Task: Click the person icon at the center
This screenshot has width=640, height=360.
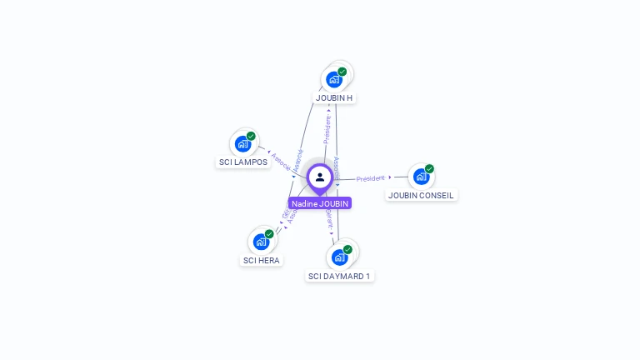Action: [x=320, y=177]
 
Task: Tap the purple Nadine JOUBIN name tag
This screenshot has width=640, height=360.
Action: [x=320, y=203]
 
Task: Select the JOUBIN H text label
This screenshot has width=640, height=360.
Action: [x=333, y=97]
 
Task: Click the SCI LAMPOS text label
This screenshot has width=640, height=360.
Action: [x=243, y=162]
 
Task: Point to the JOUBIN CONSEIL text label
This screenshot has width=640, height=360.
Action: [x=422, y=195]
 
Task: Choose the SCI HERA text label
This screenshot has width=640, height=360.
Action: [x=262, y=260]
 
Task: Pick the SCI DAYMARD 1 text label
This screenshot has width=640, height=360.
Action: [x=339, y=276]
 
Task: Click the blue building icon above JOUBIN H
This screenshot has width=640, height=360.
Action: [x=333, y=80]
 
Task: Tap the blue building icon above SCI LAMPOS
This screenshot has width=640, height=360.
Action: [x=242, y=144]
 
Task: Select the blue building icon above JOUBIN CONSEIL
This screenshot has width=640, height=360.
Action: [x=421, y=177]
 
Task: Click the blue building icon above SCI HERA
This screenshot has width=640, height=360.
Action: [x=261, y=242]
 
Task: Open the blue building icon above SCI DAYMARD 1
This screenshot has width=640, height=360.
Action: [x=339, y=257]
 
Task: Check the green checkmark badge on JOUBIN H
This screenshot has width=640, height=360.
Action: [x=342, y=72]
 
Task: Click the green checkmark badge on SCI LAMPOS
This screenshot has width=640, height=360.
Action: [x=251, y=136]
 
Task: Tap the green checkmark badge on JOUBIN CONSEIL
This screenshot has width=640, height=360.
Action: [x=429, y=168]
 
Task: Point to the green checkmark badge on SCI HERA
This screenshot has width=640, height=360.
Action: [x=269, y=234]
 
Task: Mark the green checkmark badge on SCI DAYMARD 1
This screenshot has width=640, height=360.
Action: [x=347, y=249]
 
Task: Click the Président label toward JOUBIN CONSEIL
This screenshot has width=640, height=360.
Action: [x=370, y=178]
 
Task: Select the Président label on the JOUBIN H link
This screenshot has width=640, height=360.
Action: [x=327, y=129]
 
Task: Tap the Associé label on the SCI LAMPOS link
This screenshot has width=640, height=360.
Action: [x=281, y=162]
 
